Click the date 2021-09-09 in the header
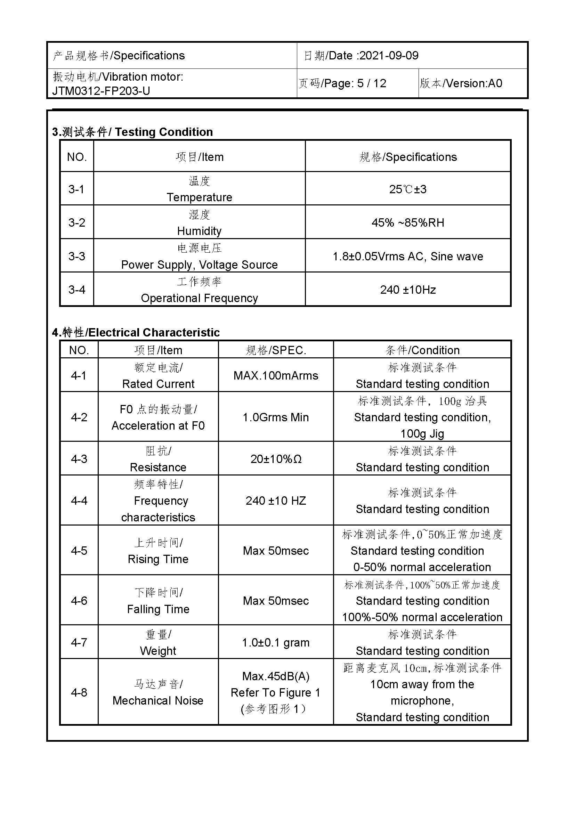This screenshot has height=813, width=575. tap(388, 56)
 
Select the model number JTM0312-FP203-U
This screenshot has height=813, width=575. tap(101, 91)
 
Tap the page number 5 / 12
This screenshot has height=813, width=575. tap(371, 83)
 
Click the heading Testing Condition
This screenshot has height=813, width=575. tap(164, 132)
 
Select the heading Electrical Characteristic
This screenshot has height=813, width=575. tap(154, 333)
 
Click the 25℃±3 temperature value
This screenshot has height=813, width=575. tap(407, 189)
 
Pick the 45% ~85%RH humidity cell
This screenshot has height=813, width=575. tap(407, 222)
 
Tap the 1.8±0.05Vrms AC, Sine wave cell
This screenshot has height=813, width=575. tap(407, 256)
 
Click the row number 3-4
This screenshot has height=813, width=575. tap(76, 290)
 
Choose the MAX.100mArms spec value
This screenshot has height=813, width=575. tap(275, 375)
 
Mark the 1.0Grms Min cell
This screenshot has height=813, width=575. tap(275, 417)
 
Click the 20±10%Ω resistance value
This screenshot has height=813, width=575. tap(275, 459)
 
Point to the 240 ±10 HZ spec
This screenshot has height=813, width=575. tap(275, 501)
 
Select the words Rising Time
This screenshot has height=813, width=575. tap(158, 559)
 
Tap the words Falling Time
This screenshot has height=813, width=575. tap(158, 609)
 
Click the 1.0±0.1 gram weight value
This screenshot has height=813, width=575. tap(275, 642)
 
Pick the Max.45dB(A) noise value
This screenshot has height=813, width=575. tap(275, 676)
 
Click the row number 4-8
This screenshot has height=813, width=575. tap(79, 692)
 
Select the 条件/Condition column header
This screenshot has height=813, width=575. tap(422, 350)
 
